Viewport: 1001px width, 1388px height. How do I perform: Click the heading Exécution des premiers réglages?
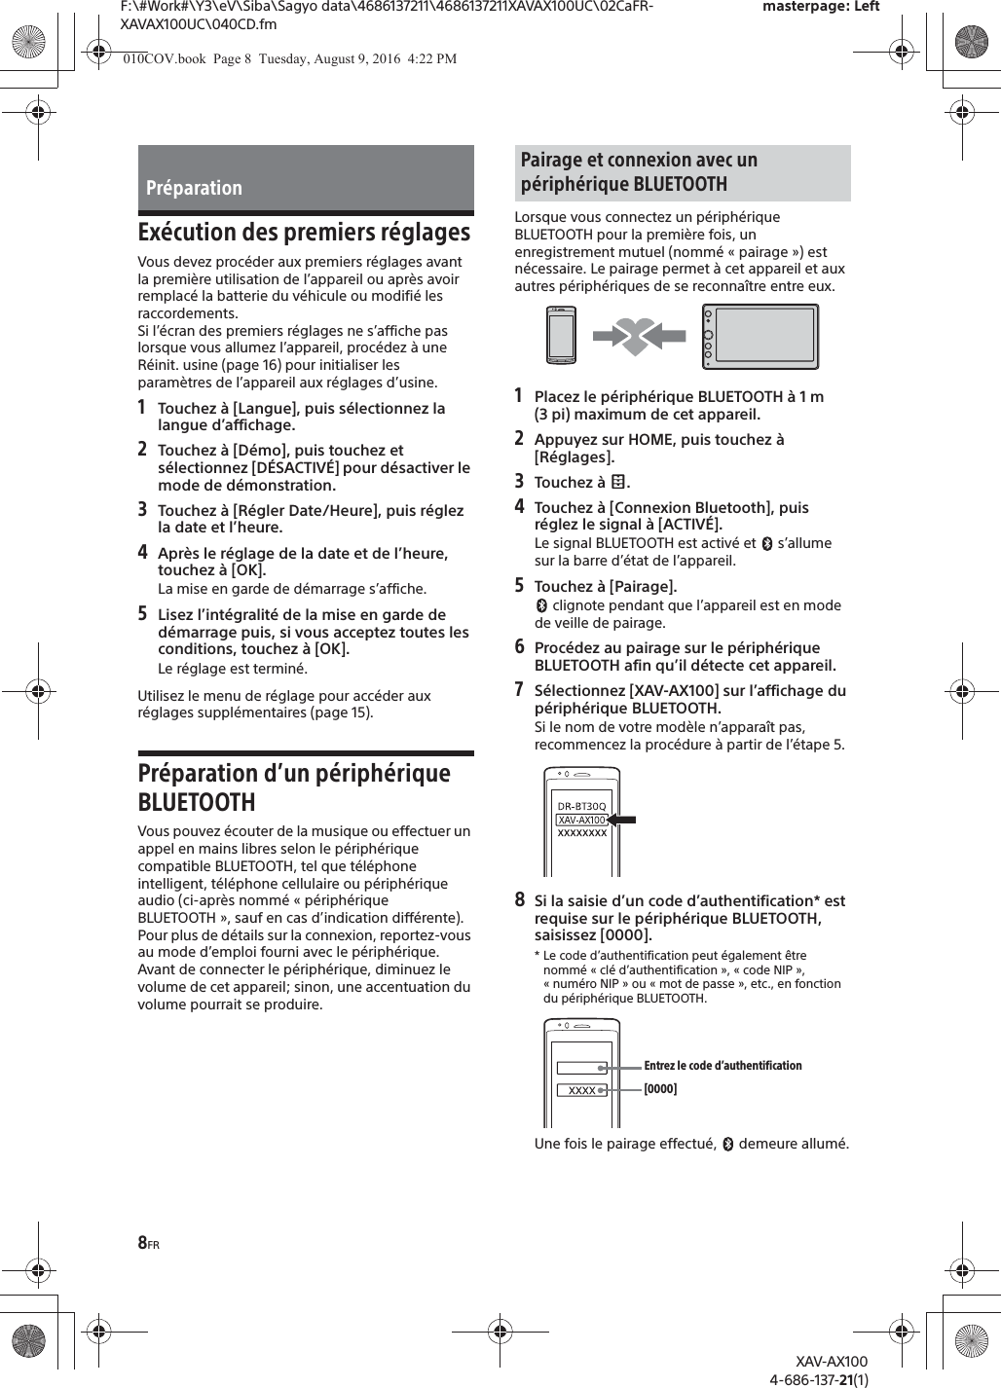point(304,233)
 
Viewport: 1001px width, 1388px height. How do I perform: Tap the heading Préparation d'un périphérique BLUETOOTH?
point(294,787)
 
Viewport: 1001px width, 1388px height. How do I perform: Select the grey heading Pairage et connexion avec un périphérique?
point(682,172)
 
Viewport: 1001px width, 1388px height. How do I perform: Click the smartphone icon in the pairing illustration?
point(561,336)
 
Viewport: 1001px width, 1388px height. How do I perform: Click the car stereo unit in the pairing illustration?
point(760,337)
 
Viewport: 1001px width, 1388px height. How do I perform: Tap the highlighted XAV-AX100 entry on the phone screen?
point(581,820)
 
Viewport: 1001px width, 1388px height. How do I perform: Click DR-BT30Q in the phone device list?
point(581,806)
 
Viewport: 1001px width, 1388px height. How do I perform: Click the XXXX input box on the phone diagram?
point(582,1090)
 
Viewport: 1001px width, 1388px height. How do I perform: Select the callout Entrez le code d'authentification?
point(723,1066)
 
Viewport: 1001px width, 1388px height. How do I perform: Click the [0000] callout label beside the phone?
point(660,1089)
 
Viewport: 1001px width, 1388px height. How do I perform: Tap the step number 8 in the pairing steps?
point(520,900)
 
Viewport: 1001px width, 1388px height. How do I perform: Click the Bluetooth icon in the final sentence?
point(727,1145)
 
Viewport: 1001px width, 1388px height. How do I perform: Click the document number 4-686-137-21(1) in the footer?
point(819,1378)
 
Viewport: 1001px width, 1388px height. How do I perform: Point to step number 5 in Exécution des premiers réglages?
point(143,614)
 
